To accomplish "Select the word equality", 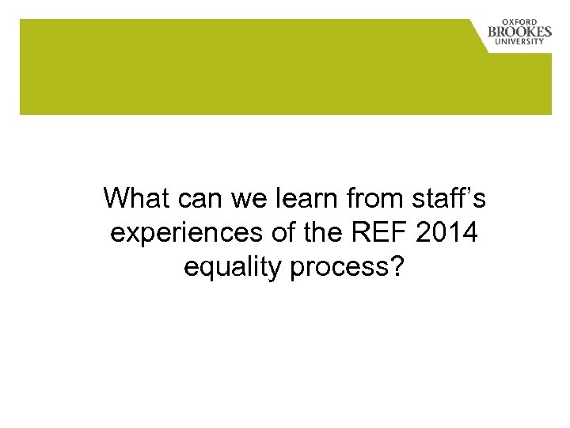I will (230, 269).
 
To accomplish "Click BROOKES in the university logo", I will (519, 32).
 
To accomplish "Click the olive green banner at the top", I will (237, 67).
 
